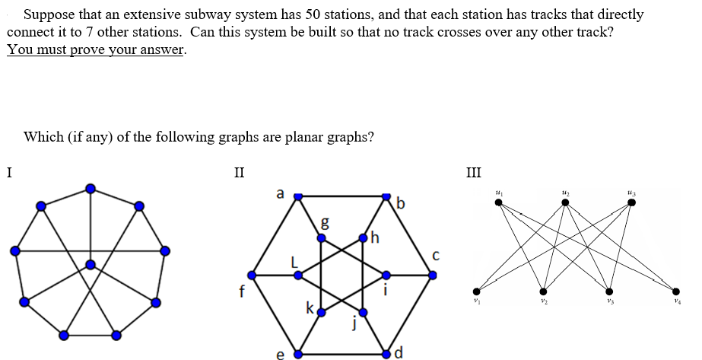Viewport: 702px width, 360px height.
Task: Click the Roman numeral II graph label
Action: [x=239, y=171]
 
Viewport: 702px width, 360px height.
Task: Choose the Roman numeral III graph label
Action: [x=474, y=171]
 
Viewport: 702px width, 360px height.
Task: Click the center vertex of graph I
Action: [x=91, y=265]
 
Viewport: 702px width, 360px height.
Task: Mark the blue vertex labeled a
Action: [x=298, y=196]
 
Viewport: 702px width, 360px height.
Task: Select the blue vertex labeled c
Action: [x=433, y=276]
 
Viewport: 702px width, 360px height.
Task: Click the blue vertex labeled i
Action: [x=386, y=276]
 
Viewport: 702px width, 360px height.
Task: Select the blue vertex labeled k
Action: [x=322, y=312]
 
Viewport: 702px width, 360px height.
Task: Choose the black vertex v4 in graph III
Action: [x=676, y=290]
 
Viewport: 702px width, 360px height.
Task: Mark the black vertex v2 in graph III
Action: [x=542, y=290]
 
